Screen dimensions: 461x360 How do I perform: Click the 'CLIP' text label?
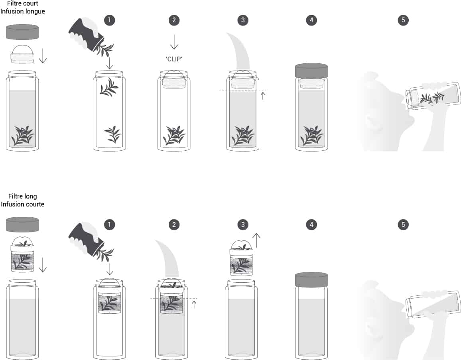174,59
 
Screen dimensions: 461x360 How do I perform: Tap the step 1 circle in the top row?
109,20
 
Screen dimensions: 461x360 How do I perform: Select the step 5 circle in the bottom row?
403,224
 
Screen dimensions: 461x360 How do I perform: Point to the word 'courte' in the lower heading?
34,204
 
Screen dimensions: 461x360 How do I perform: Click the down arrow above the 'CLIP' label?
174,42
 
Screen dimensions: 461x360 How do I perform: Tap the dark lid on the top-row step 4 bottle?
311,71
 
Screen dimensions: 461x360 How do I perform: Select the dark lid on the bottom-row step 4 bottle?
311,280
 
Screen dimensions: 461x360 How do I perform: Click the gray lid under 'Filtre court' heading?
22,32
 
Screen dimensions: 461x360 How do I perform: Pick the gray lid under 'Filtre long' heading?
22,224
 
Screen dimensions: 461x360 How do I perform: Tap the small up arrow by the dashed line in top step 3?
263,96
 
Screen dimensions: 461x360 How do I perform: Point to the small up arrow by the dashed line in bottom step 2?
194,305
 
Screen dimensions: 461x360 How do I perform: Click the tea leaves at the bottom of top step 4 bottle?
311,136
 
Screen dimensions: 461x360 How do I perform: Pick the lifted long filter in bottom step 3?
241,258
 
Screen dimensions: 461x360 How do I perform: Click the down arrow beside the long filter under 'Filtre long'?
43,265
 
